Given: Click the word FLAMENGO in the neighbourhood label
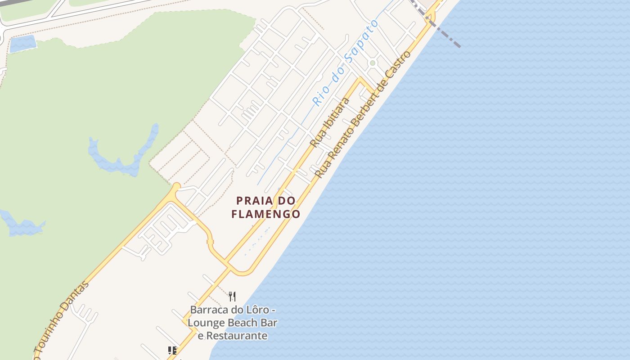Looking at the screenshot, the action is tap(265, 214).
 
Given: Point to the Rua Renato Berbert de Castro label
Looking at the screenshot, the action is tap(363, 114).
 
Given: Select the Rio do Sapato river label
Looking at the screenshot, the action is tap(346, 63).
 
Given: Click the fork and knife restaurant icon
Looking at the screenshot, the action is tap(232, 296).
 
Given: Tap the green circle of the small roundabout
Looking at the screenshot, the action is tap(372, 63).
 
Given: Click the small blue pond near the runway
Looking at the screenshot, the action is tap(22, 44).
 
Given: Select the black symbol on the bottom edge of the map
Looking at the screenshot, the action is tap(172, 351).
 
